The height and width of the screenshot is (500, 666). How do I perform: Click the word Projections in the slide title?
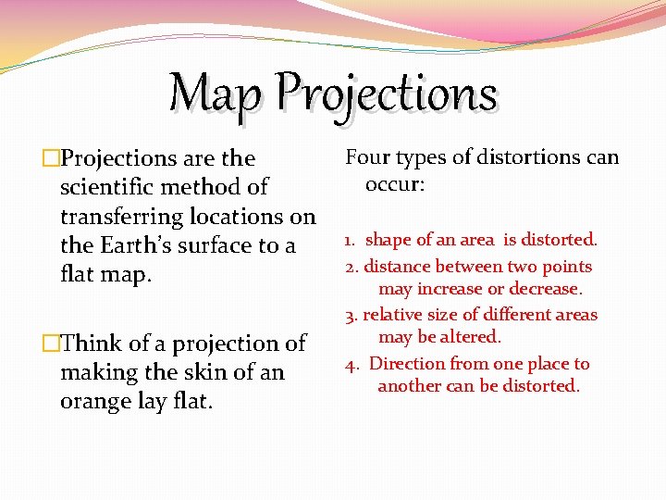click(x=387, y=94)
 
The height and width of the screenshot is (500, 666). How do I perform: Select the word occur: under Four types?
click(x=395, y=184)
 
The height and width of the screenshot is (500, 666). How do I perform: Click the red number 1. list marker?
click(x=351, y=241)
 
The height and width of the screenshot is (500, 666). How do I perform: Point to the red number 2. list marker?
click(x=351, y=268)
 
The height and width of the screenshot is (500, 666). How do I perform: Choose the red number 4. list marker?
click(x=352, y=365)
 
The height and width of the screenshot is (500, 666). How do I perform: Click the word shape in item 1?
click(x=388, y=241)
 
